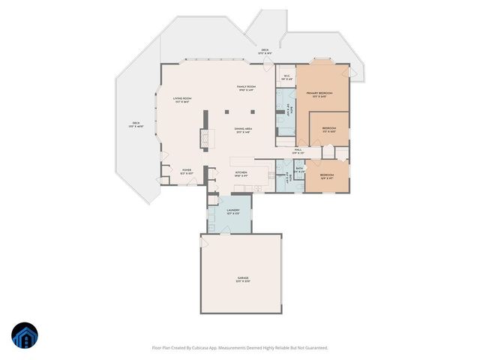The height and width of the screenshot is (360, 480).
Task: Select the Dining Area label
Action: [x=242, y=129]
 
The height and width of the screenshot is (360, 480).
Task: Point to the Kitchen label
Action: [x=241, y=172]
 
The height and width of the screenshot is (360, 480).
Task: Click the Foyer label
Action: [x=187, y=170]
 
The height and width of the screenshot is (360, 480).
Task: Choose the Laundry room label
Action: [x=233, y=211]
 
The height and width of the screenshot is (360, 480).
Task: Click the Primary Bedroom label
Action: [x=319, y=93]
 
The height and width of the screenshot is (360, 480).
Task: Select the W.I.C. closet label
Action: [x=286, y=76]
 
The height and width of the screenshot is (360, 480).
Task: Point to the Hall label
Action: [x=298, y=150]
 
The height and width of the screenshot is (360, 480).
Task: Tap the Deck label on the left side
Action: [x=136, y=123]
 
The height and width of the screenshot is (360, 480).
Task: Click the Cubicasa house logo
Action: [x=24, y=336]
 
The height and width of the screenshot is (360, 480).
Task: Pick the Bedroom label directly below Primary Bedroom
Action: [x=328, y=128]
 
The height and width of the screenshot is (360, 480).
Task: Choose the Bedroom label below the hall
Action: [x=327, y=178]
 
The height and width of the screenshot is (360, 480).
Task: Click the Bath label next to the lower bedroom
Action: [x=298, y=169]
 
